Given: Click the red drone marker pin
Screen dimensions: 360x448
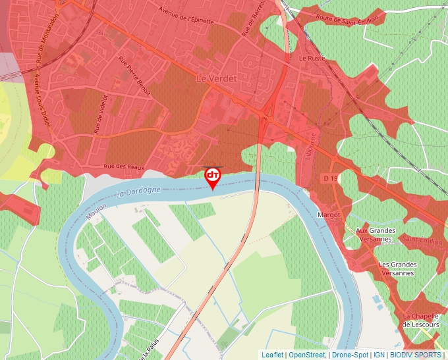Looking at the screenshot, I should click(213, 176).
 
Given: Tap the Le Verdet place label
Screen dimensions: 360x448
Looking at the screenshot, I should click(217, 78).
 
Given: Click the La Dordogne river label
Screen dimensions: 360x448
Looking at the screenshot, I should click(138, 193).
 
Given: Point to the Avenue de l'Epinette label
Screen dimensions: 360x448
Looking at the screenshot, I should click(186, 15).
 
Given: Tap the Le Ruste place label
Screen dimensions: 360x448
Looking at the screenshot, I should click(312, 58).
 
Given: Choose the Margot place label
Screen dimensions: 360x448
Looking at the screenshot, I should click(329, 215).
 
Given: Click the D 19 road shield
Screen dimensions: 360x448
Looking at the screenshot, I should click(330, 178).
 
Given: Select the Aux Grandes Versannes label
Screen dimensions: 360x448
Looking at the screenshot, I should click(376, 234).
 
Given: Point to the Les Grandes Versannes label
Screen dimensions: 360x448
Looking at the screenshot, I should click(398, 269).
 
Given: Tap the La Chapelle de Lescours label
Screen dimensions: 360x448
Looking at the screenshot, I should click(420, 320).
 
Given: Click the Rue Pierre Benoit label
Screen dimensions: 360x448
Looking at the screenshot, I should click(134, 74).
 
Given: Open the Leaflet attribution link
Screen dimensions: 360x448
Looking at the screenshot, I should click(272, 355).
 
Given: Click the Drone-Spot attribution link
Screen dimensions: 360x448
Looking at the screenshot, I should click(350, 355).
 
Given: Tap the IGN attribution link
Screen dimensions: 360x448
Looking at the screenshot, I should click(379, 355).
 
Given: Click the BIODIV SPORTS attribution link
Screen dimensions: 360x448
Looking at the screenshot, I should click(415, 355).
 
